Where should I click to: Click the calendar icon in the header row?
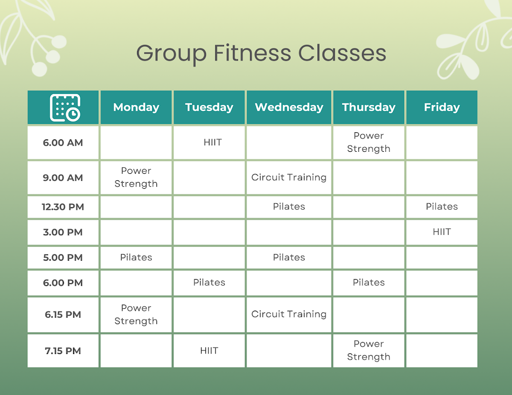(65, 108)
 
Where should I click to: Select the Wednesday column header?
(289, 107)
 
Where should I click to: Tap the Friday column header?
(442, 107)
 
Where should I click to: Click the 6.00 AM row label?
(63, 143)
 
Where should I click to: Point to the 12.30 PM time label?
(63, 207)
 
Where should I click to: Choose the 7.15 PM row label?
(63, 351)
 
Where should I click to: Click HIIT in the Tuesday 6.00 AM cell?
(212, 142)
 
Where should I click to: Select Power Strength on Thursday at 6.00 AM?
(368, 142)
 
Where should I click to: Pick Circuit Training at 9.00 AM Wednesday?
(289, 177)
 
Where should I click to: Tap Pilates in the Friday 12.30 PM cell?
(442, 206)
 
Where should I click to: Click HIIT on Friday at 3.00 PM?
(442, 232)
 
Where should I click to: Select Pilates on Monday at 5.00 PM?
(136, 257)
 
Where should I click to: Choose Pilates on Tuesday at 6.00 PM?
(209, 283)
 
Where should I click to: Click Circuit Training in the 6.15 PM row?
(289, 314)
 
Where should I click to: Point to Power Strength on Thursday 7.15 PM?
(368, 351)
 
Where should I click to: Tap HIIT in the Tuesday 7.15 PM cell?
(209, 351)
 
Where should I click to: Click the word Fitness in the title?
(252, 53)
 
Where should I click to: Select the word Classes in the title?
(342, 53)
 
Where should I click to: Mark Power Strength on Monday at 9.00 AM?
(136, 177)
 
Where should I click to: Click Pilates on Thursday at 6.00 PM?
(368, 283)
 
